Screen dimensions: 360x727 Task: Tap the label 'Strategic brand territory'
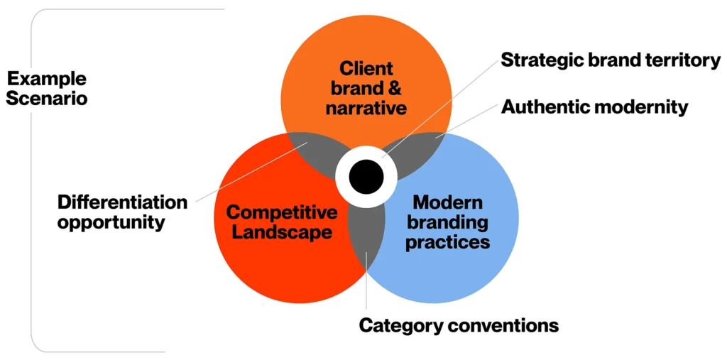point(611,60)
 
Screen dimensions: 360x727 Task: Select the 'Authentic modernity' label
point(594,107)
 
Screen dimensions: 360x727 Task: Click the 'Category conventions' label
point(459,326)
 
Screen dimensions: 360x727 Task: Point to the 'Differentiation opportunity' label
point(122,212)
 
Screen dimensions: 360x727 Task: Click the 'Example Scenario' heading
point(47,88)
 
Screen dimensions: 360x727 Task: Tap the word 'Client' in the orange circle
point(366,69)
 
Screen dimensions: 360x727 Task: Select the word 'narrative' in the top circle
point(366,109)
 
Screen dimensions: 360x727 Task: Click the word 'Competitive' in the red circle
point(281,212)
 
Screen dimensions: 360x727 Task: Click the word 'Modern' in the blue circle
point(448,202)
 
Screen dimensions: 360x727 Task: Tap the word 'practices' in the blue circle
point(448,242)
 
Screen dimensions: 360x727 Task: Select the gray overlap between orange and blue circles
point(424,151)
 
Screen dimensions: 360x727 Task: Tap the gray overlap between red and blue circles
point(366,234)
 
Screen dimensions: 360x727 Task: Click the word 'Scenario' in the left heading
point(47,98)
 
